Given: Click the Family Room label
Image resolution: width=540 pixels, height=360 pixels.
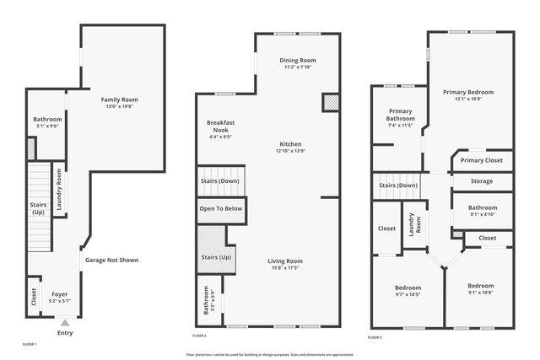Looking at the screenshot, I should tap(119, 99).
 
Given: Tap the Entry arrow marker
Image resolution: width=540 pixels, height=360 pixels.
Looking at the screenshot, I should tap(65, 322).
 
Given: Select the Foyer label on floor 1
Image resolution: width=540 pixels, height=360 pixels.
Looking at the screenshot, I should tap(60, 294).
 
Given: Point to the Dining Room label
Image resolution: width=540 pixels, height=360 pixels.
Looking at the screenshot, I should tap(297, 61).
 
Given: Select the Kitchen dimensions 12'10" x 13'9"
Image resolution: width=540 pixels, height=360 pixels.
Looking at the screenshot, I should tap(290, 151).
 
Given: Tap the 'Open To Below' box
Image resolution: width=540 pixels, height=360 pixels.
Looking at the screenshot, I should tap(221, 208).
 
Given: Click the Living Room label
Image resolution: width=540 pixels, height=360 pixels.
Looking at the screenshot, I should tap(285, 261).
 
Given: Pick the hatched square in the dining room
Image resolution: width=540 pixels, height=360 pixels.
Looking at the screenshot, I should tap(330, 101).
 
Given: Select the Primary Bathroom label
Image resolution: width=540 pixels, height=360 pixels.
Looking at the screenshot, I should tap(400, 115).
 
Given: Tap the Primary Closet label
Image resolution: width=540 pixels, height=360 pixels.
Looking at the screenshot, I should tap(481, 159).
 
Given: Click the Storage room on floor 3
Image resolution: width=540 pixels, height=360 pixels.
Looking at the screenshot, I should tap(481, 180).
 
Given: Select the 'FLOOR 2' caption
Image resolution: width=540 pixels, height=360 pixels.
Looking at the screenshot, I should tap(199, 336).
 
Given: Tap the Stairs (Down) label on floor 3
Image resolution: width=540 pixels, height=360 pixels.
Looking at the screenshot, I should tap(398, 185).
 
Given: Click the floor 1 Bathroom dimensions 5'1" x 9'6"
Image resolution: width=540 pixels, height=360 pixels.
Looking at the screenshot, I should tap(47, 126).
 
